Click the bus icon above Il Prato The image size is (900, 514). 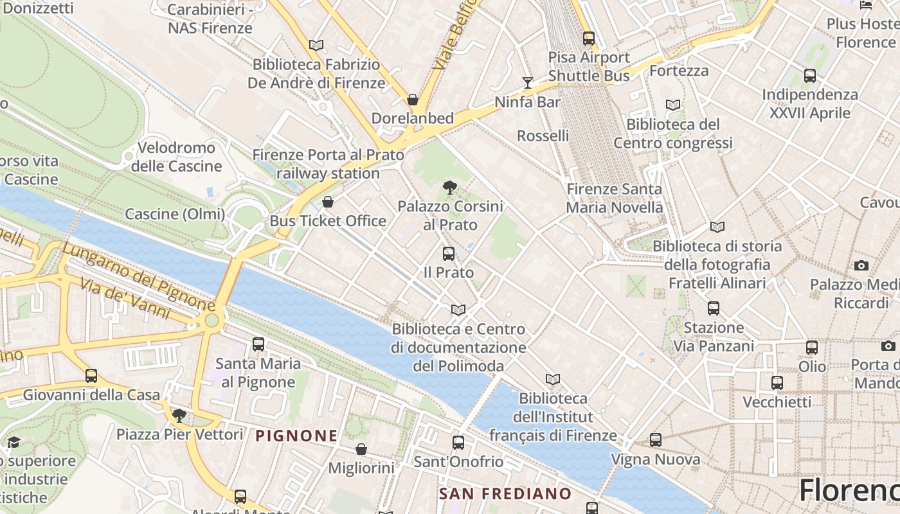[449, 254]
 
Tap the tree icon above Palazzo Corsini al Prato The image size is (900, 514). [450, 188]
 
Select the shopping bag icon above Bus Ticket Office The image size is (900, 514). [328, 202]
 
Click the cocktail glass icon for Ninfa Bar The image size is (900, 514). [528, 83]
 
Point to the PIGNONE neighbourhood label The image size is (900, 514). [296, 436]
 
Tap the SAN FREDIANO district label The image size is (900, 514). [505, 493]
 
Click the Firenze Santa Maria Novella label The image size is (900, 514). [614, 198]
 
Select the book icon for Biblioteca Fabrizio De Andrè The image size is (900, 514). [316, 46]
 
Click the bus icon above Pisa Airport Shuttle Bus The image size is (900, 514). [588, 39]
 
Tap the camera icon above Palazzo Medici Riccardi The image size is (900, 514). [861, 265]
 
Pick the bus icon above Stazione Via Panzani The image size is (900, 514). [714, 308]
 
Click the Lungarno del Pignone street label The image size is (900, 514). [138, 275]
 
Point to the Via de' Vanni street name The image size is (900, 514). [125, 298]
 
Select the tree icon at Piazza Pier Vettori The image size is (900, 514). [179, 416]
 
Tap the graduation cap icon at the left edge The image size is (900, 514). [14, 442]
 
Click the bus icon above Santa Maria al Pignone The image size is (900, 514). [258, 344]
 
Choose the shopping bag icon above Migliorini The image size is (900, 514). [361, 449]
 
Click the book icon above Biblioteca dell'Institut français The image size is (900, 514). [553, 380]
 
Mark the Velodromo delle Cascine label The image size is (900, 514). [176, 157]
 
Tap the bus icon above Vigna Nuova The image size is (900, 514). [656, 440]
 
